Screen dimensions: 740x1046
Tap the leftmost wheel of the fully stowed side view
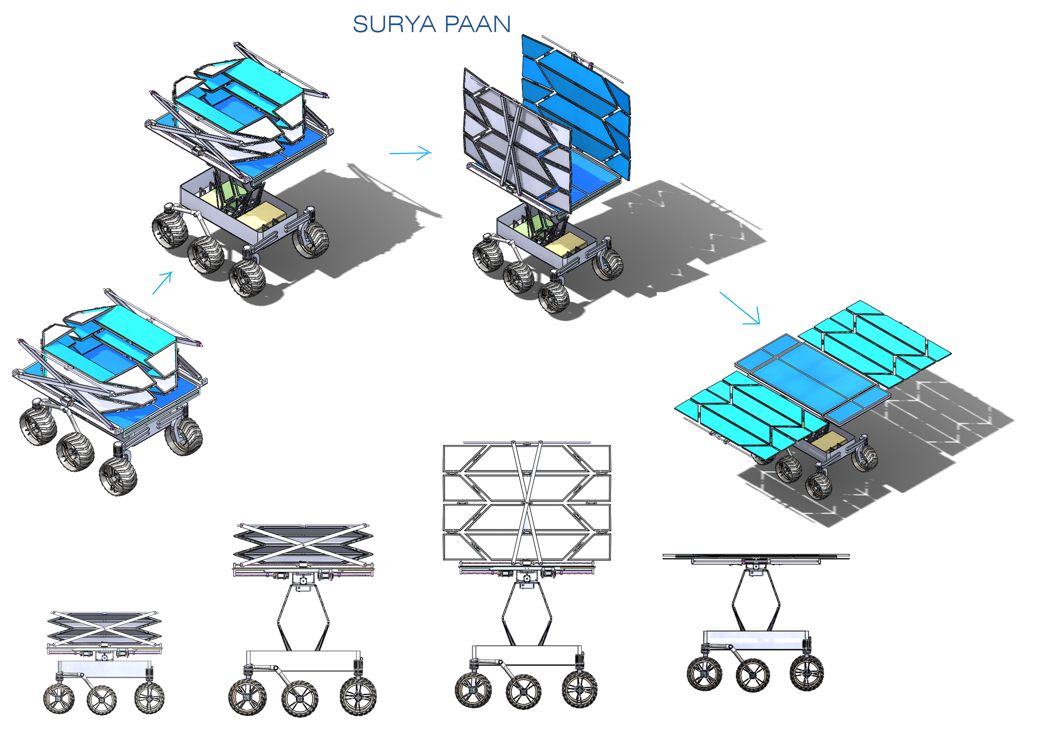click(x=59, y=698)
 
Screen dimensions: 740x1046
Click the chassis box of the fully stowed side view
click(x=105, y=668)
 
